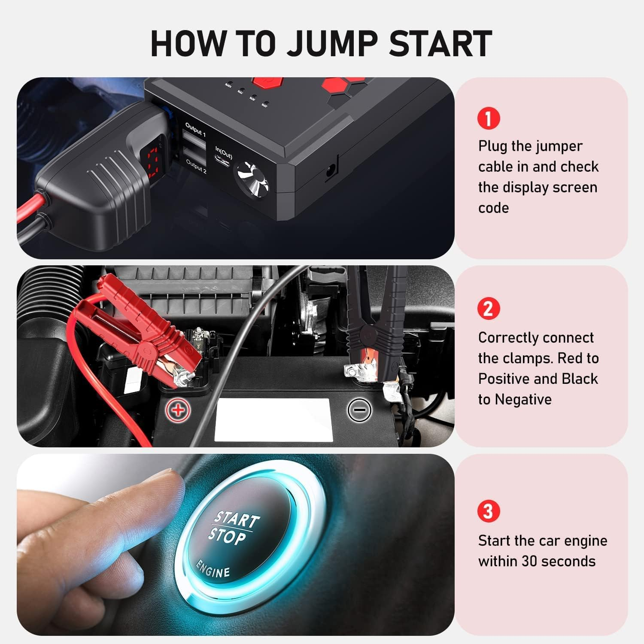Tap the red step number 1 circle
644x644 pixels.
tap(489, 118)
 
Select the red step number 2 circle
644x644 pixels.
tap(489, 308)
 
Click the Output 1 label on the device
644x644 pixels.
tap(195, 130)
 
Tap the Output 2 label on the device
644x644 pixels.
tap(196, 166)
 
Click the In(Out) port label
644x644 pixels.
tap(224, 152)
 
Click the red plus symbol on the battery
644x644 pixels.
tap(178, 410)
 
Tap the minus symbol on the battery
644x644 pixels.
tap(359, 410)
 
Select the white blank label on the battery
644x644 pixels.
tap(273, 420)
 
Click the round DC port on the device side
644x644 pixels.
tap(331, 170)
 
